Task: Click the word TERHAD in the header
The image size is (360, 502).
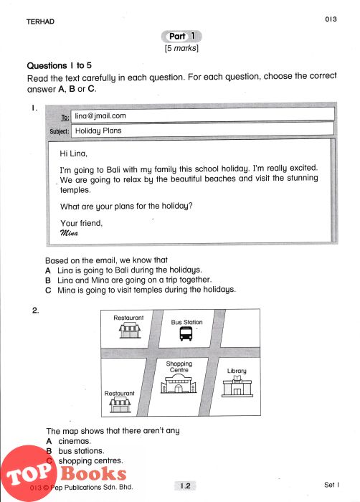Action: click(40, 22)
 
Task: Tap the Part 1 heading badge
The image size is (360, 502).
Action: click(181, 37)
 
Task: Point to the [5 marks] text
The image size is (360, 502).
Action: click(181, 48)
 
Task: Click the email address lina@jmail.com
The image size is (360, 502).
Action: click(100, 116)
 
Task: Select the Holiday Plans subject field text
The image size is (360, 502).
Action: click(98, 131)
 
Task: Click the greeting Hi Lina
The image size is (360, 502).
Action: click(73, 153)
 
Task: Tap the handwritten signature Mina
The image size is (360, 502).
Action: click(69, 233)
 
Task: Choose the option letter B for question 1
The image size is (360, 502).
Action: click(48, 280)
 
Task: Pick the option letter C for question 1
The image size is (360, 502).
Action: click(48, 290)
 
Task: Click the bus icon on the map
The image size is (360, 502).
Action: click(186, 333)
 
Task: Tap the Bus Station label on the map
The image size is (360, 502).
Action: click(186, 322)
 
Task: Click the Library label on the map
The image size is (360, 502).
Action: click(237, 371)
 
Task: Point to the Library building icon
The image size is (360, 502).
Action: click(237, 387)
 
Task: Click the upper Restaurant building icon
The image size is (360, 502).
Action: click(130, 330)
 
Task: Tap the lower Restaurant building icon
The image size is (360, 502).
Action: click(120, 405)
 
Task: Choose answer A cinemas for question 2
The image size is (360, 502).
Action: click(69, 441)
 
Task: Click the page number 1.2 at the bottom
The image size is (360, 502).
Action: click(186, 486)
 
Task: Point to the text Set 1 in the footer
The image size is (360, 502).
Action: click(331, 485)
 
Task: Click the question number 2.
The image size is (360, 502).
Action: click(35, 311)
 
